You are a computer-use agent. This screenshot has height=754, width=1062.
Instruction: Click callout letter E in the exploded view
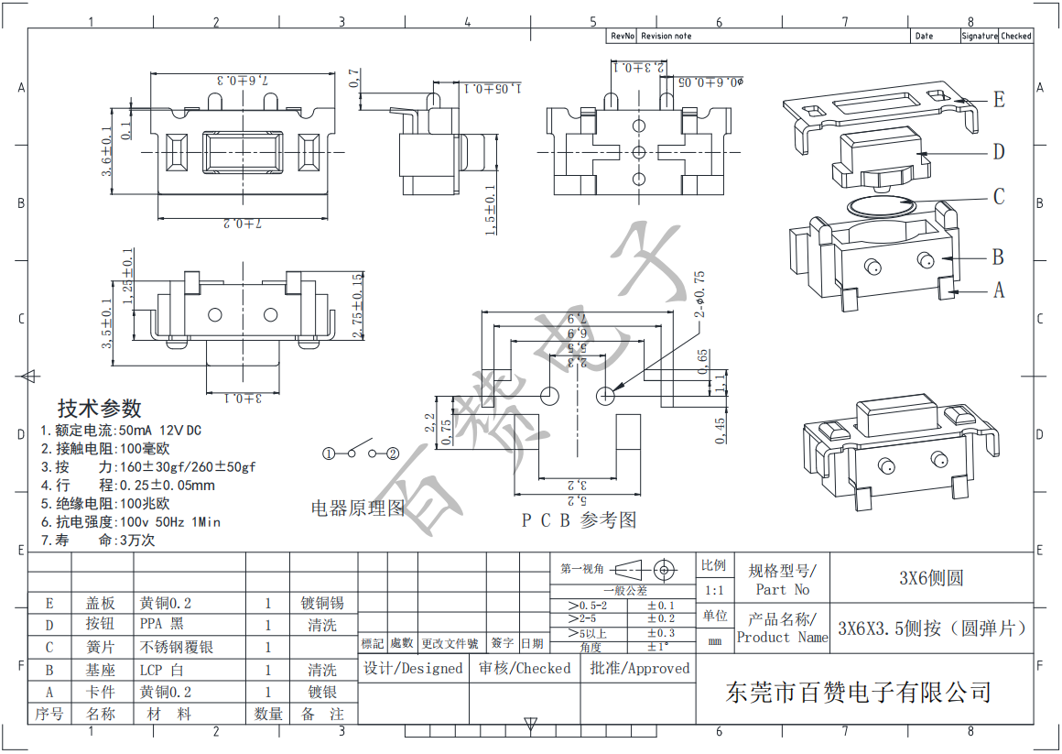999,100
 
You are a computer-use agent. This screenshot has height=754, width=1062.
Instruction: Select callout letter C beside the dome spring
999,197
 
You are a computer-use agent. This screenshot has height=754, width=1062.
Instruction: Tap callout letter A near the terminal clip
999,290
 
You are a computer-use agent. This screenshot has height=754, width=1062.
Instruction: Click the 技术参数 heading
100,409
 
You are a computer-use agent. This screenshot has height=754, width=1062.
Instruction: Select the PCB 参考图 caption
579,520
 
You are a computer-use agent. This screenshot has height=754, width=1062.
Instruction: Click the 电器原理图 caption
357,508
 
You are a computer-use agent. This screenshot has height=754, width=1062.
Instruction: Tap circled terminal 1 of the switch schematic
328,453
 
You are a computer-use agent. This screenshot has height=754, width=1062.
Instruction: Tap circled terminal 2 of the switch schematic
393,453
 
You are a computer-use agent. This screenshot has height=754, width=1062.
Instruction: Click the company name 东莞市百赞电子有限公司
858,692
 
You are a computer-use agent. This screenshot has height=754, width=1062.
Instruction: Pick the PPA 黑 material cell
162,625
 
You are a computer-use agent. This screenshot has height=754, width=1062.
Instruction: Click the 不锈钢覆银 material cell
177,647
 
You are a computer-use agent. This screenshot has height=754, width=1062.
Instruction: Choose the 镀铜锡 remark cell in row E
322,603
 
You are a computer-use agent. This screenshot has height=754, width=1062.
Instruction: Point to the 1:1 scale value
714,591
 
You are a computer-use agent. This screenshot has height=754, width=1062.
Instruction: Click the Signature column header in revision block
979,36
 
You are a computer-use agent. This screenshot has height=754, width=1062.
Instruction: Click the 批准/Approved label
639,669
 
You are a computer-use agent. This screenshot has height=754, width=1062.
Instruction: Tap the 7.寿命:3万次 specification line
98,541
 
